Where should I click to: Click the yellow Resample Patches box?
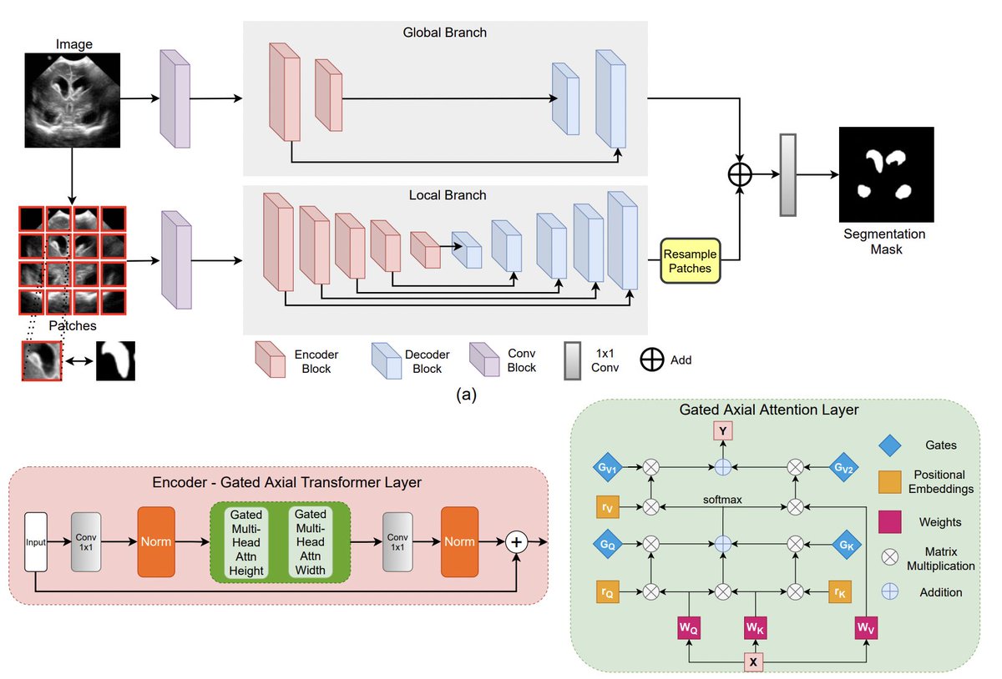690,260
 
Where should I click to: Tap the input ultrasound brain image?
72,99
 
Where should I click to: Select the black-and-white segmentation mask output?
885,174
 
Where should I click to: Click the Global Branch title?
445,33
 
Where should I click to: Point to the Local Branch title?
447,195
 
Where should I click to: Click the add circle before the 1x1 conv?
740,174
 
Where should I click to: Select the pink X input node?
754,661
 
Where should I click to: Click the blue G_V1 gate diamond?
607,470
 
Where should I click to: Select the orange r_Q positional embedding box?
607,591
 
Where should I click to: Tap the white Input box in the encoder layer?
36,541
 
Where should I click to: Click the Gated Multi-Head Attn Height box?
246,543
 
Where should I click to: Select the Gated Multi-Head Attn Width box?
310,543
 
